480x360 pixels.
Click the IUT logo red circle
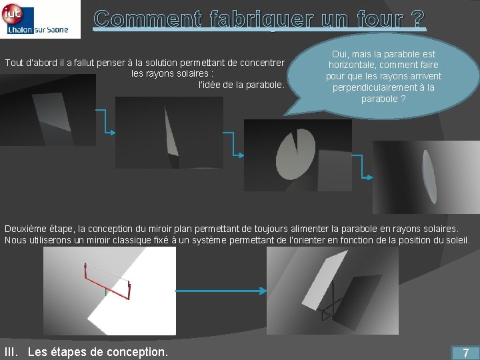coord(12,13)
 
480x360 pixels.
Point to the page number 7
coord(465,353)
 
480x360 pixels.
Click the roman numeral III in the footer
coord(11,352)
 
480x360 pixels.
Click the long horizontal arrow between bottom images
coord(221,291)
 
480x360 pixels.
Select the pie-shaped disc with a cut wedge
coord(295,155)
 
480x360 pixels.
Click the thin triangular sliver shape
coord(171,132)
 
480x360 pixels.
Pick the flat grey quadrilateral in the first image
coord(52,111)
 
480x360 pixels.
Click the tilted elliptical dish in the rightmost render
coord(429,177)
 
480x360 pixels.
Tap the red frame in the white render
coord(107,283)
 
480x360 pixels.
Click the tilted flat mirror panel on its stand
coord(325,280)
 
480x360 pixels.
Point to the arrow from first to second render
coord(105,121)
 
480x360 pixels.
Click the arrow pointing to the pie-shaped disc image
coord(233,144)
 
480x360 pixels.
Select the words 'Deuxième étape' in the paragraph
coord(38,229)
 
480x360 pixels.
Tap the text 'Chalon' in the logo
coord(20,30)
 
